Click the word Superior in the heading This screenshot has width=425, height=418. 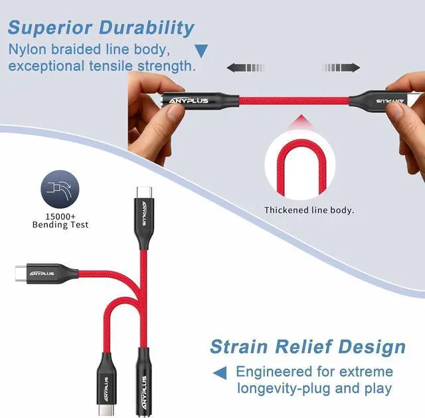[50, 28]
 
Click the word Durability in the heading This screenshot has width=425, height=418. [147, 29]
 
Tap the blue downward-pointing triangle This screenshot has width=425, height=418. [201, 51]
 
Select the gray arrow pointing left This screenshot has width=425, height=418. [245, 68]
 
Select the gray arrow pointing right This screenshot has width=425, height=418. [341, 68]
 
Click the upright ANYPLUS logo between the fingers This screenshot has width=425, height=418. [189, 101]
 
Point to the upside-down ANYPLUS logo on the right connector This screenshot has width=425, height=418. [390, 101]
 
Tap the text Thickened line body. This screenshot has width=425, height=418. [309, 210]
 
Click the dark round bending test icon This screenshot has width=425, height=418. [60, 189]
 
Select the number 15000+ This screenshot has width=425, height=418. [60, 217]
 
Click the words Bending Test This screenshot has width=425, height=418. [60, 225]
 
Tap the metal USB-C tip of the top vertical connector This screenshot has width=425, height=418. [145, 192]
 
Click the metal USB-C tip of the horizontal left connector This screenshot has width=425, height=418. [21, 274]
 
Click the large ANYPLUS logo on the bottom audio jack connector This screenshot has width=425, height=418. [144, 392]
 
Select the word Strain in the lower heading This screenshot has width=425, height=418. [239, 347]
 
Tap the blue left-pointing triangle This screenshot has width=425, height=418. [220, 373]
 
